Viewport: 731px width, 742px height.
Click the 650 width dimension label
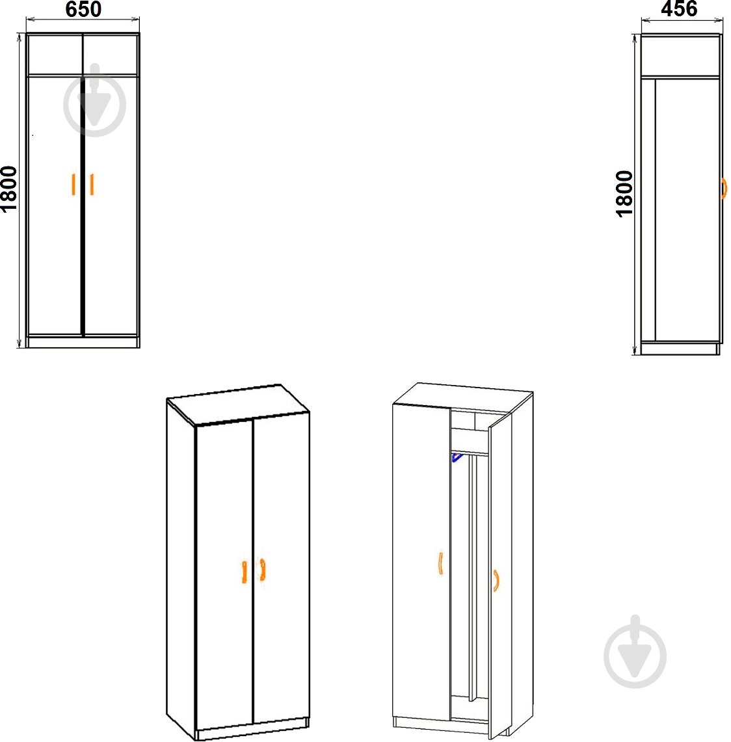pos(83,9)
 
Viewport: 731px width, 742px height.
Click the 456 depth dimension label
pos(679,8)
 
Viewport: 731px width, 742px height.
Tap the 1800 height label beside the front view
pos(9,189)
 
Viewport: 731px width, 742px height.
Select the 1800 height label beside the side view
pos(624,194)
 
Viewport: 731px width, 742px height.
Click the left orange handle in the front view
pos(73,184)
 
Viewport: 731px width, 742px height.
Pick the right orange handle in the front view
pos(92,184)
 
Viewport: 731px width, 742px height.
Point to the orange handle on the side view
pos(724,189)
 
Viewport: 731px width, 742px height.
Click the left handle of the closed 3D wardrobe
pos(244,572)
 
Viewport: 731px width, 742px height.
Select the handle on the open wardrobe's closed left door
pos(440,563)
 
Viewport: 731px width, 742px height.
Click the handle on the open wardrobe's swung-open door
pos(496,581)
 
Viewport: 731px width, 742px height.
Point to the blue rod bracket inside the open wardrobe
pos(457,457)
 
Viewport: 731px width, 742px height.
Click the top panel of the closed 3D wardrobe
pos(238,404)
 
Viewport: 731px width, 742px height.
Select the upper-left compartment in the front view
pos(55,54)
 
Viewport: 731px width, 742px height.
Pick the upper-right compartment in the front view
pos(111,54)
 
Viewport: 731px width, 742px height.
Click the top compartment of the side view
pos(680,55)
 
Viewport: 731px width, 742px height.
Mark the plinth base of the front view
pos(83,341)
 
